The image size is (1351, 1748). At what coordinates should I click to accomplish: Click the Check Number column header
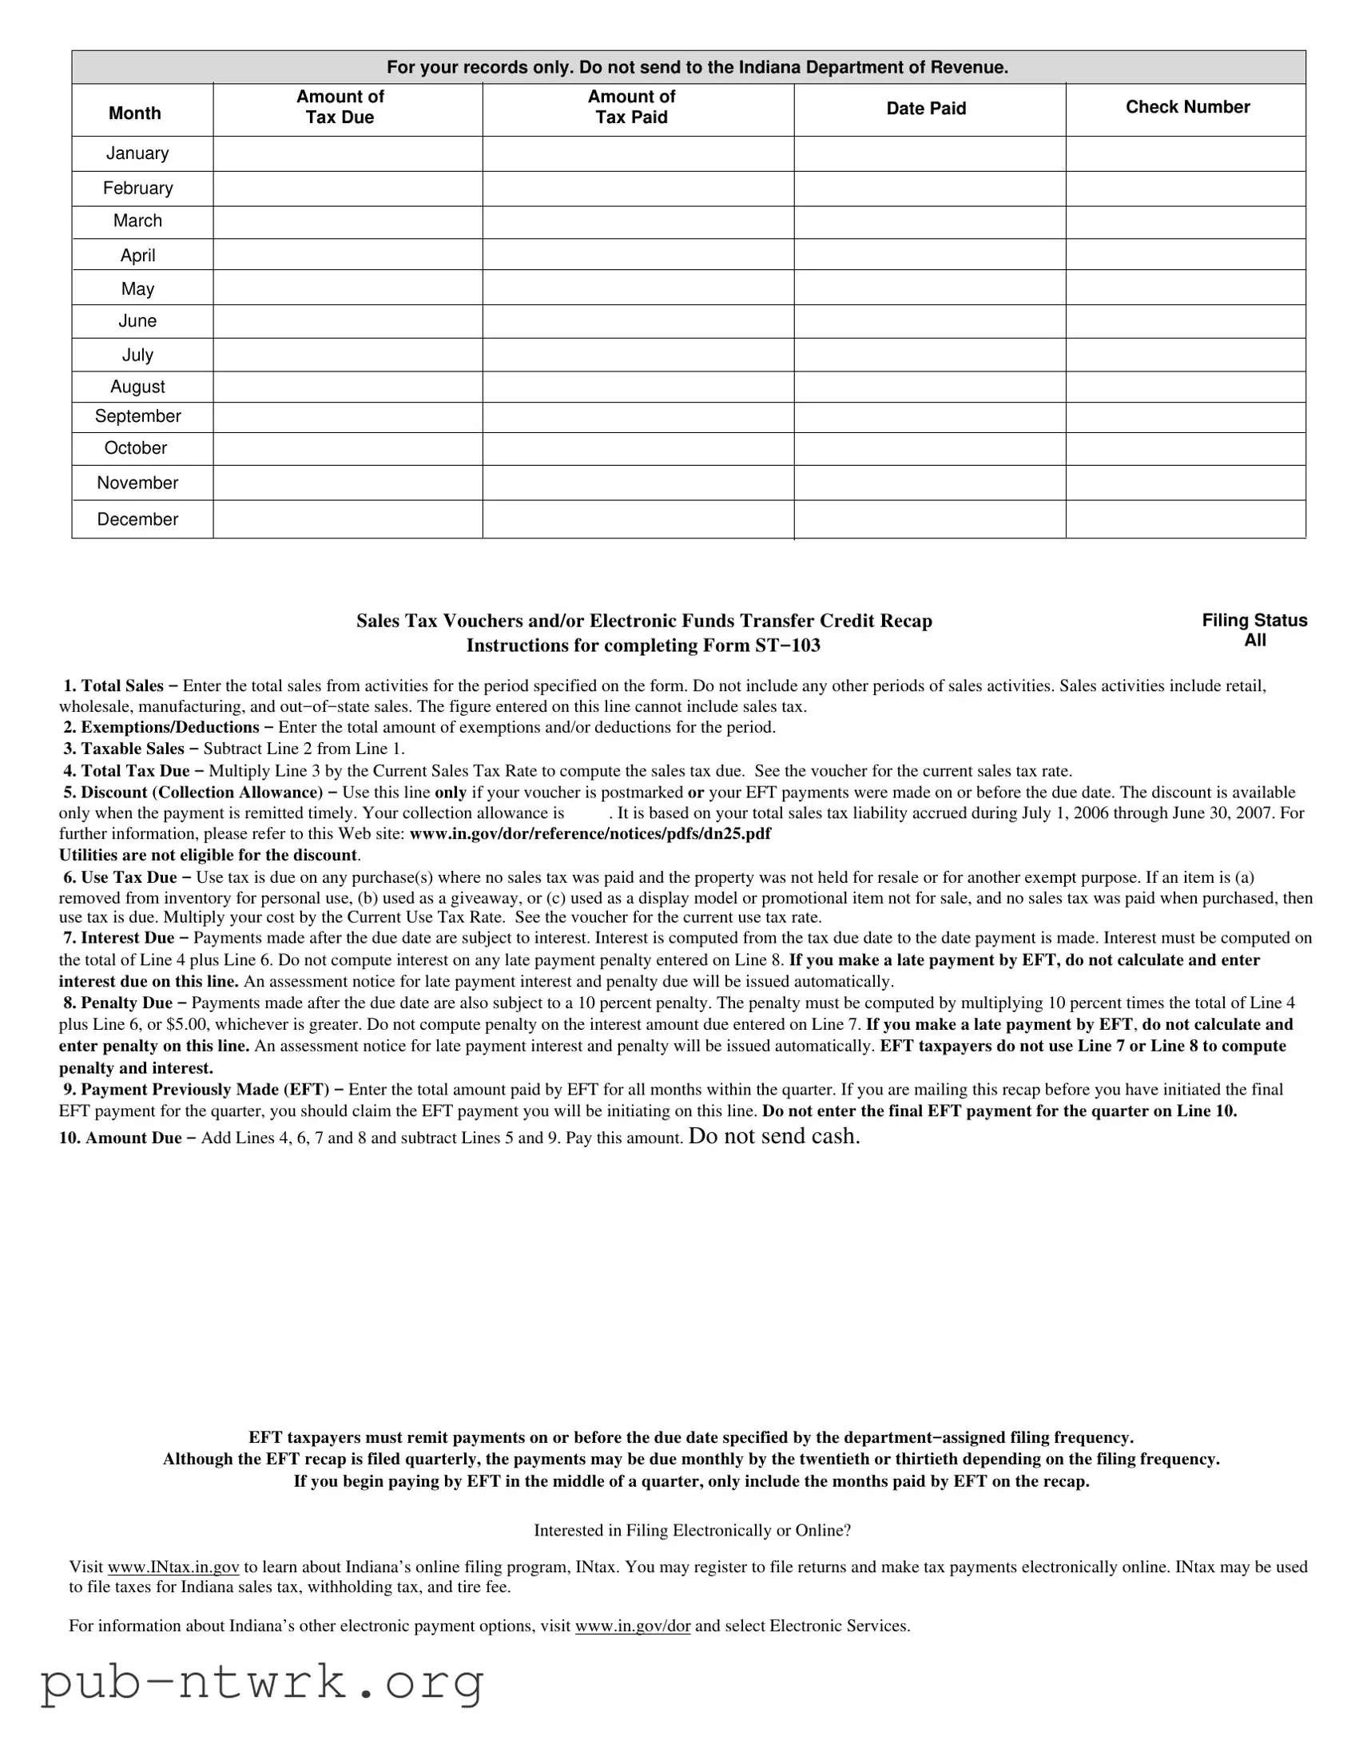point(1187,107)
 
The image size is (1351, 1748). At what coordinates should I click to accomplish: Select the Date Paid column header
point(926,109)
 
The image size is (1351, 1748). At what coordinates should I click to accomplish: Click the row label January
point(137,153)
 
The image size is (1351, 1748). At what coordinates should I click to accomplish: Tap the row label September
point(137,416)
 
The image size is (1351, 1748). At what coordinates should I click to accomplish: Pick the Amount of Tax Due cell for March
point(348,222)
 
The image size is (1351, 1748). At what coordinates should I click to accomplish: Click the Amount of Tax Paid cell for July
point(638,355)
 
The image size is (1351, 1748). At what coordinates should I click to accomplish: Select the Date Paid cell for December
point(929,519)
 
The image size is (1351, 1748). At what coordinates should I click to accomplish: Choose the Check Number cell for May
point(1186,288)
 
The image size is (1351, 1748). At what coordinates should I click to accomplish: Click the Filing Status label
point(1254,620)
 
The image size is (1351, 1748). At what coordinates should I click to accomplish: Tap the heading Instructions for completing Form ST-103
point(642,645)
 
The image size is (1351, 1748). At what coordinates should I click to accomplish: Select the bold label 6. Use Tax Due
point(120,877)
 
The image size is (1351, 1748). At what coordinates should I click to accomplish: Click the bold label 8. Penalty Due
point(118,1003)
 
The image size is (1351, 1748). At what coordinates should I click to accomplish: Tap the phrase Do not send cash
point(774,1136)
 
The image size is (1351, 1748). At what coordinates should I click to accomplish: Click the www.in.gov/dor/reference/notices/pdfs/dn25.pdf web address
point(590,833)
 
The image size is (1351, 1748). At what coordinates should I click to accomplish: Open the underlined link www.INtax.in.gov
point(173,1567)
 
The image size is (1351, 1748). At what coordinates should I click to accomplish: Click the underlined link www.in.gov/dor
point(632,1626)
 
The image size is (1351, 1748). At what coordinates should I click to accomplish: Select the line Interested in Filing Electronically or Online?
point(693,1531)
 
